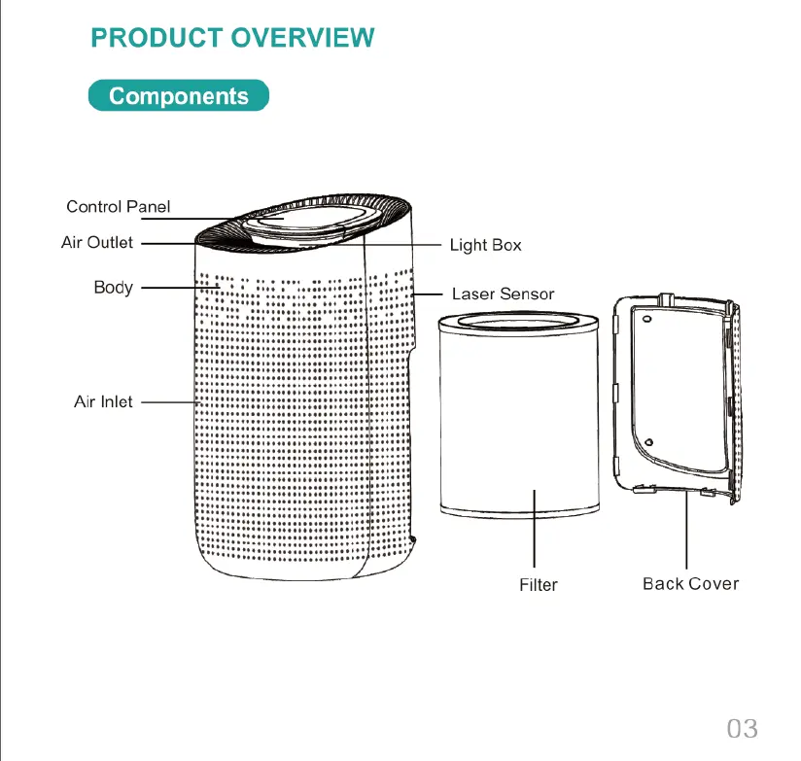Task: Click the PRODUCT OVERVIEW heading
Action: (232, 38)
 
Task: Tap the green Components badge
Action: (179, 96)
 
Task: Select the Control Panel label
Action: (118, 206)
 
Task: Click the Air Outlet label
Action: (97, 242)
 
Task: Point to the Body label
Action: (113, 287)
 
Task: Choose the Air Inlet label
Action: (103, 400)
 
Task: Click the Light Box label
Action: (485, 245)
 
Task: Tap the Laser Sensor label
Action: (503, 294)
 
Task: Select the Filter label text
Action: (539, 584)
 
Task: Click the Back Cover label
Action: (690, 583)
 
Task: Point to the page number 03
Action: (742, 728)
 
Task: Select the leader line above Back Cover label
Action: (686, 530)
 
